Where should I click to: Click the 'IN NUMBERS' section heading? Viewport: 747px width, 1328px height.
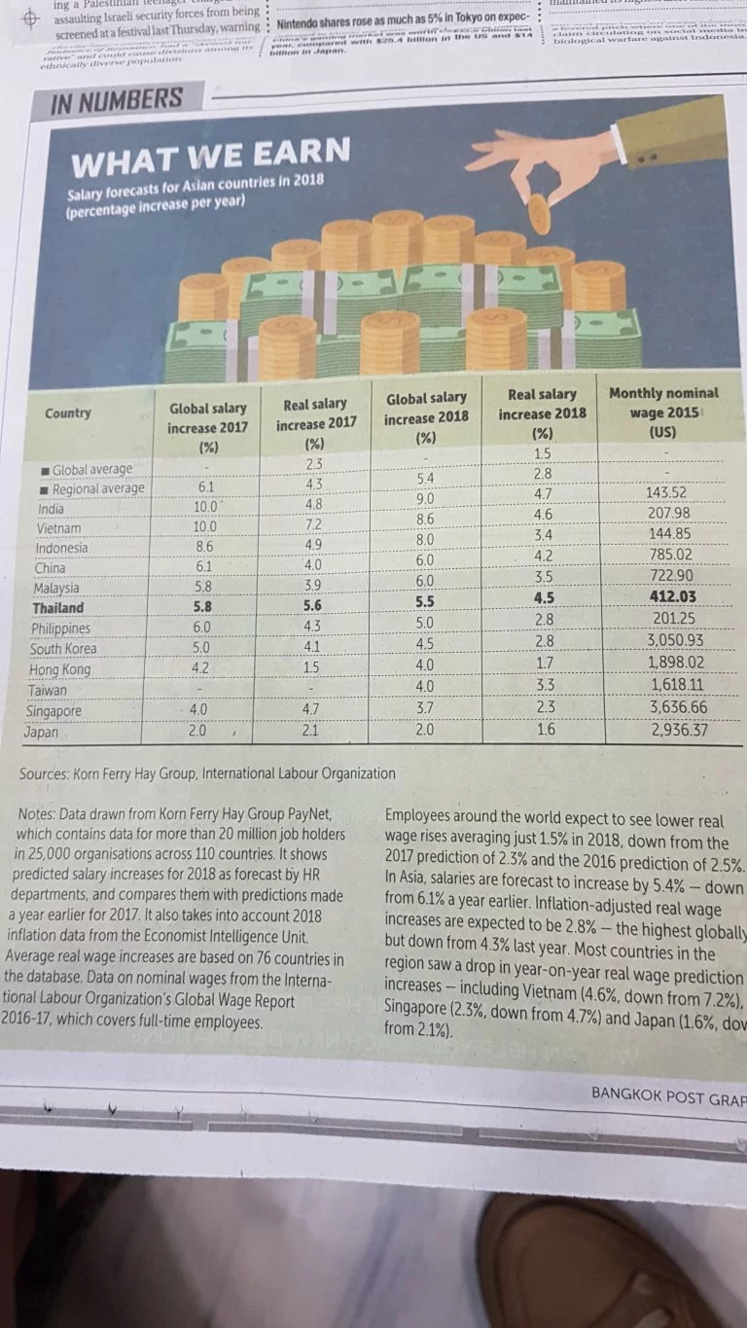[x=116, y=101]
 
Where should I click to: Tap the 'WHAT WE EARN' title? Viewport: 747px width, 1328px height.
[x=210, y=154]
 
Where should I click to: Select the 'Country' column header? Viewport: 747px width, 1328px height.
[x=68, y=413]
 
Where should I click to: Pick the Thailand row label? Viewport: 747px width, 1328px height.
[x=57, y=608]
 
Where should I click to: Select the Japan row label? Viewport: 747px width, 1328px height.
[x=42, y=732]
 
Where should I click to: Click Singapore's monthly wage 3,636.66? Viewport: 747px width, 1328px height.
[x=678, y=707]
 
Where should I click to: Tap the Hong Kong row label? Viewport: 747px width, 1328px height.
[x=60, y=669]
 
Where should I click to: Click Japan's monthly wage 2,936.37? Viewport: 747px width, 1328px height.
[x=678, y=730]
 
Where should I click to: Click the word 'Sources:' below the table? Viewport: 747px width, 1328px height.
[x=48, y=774]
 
